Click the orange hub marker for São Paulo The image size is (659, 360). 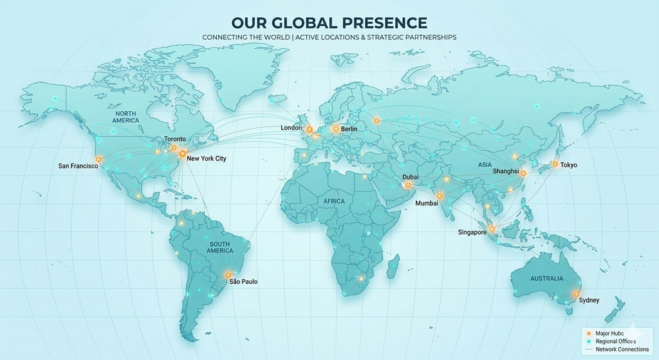coord(228,275)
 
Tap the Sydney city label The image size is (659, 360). coord(589,301)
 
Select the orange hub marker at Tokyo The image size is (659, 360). coord(554,164)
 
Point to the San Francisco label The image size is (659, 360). coord(78,166)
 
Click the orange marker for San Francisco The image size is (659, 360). coord(98,159)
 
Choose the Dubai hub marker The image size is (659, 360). coord(408,185)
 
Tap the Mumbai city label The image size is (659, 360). coord(427,204)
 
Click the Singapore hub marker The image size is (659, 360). coord(492,229)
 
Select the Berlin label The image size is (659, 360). coord(349,129)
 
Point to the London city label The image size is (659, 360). coord(291,128)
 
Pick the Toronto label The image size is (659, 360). coord(174,139)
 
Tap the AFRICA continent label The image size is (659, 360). coord(335,202)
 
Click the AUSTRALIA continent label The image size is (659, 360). coord(546,279)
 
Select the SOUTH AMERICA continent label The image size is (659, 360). coord(220,247)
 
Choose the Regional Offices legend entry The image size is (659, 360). coord(615,341)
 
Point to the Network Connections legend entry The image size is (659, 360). coord(622,350)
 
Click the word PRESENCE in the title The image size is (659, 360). coord(380,23)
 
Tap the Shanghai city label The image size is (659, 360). coord(506,171)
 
